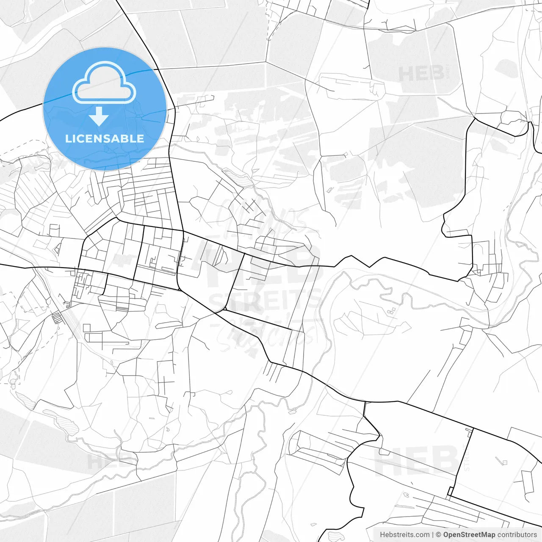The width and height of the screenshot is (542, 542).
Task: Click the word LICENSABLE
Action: click(105, 138)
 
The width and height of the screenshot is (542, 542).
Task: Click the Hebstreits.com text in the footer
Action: click(404, 535)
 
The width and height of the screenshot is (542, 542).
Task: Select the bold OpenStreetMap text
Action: click(469, 535)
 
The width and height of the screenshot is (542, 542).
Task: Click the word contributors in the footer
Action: click(517, 535)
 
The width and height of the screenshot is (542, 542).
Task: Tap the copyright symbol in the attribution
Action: click(438, 535)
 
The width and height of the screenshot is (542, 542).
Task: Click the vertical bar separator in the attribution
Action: click(433, 535)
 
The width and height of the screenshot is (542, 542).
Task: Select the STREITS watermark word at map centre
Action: click(265, 301)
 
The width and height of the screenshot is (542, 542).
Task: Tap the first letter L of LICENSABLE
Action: click(68, 138)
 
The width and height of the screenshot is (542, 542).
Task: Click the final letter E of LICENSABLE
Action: click(141, 138)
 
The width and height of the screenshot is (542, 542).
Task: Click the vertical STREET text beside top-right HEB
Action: click(448, 72)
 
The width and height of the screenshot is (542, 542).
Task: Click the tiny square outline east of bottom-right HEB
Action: click(504, 462)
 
